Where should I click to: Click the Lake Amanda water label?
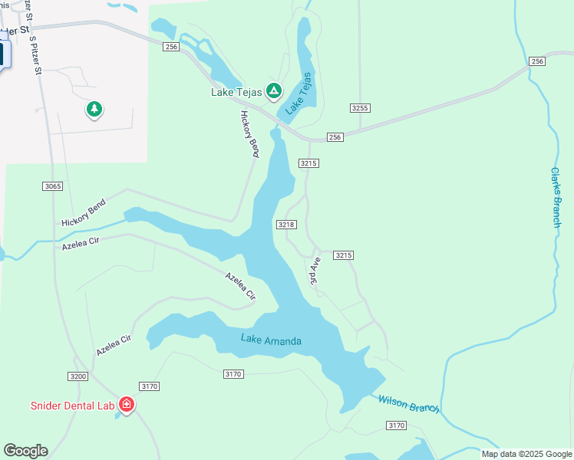tap(271, 340)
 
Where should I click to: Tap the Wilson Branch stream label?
tap(408, 403)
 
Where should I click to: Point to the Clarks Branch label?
tap(556, 197)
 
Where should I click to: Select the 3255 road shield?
tap(360, 108)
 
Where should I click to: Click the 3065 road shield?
tap(53, 186)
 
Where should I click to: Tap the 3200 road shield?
tap(78, 376)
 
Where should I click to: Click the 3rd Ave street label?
tap(315, 272)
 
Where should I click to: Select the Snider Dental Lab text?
tap(72, 405)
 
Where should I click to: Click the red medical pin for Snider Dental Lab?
tap(127, 404)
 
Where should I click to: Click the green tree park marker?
tap(94, 110)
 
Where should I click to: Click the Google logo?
tap(25, 451)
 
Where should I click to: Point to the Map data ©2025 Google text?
tap(526, 454)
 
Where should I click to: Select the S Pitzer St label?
tap(33, 52)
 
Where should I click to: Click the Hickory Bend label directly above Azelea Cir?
tap(83, 212)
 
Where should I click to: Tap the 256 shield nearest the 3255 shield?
tap(335, 137)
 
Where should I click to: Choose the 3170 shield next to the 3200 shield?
tap(149, 386)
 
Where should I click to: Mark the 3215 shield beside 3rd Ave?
tap(343, 255)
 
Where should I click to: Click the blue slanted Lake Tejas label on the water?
tap(299, 94)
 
